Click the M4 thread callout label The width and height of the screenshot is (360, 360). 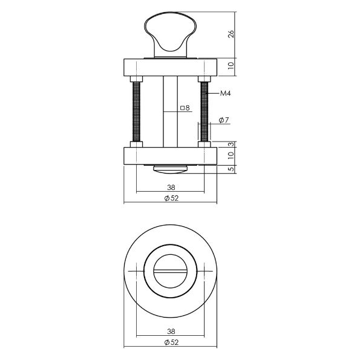pos(225,93)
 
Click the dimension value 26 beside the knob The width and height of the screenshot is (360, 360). pos(231,34)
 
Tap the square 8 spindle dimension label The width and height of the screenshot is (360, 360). pos(185,108)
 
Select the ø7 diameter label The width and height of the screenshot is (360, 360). pos(224,120)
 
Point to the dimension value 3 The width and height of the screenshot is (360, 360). pos(231,144)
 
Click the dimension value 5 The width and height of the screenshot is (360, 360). pos(231,169)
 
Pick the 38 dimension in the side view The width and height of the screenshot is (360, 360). pos(171,188)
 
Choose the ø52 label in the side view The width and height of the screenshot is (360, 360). pos(171,198)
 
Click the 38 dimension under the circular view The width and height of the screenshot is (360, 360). pos(171,332)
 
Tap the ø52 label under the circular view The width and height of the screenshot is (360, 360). pos(171,342)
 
